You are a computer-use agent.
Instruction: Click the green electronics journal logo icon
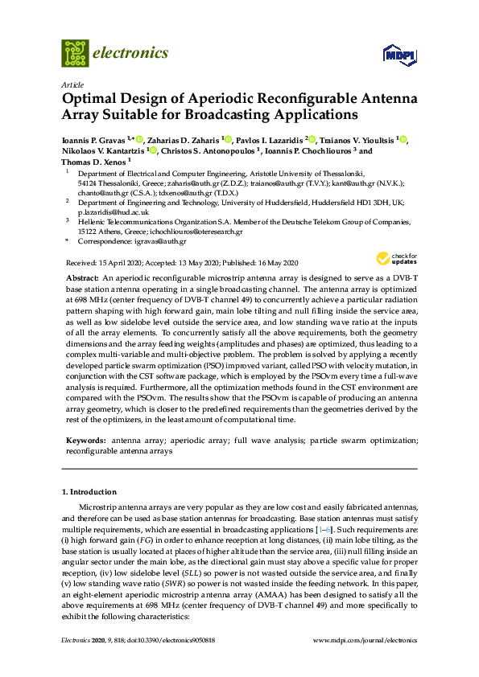(75, 53)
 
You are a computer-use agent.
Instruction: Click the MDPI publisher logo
(400, 55)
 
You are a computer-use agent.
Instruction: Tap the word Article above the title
(71, 84)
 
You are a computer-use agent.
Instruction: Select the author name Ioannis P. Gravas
(96, 140)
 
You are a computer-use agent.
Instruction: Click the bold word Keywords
(85, 441)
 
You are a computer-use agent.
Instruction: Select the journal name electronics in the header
(131, 53)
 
